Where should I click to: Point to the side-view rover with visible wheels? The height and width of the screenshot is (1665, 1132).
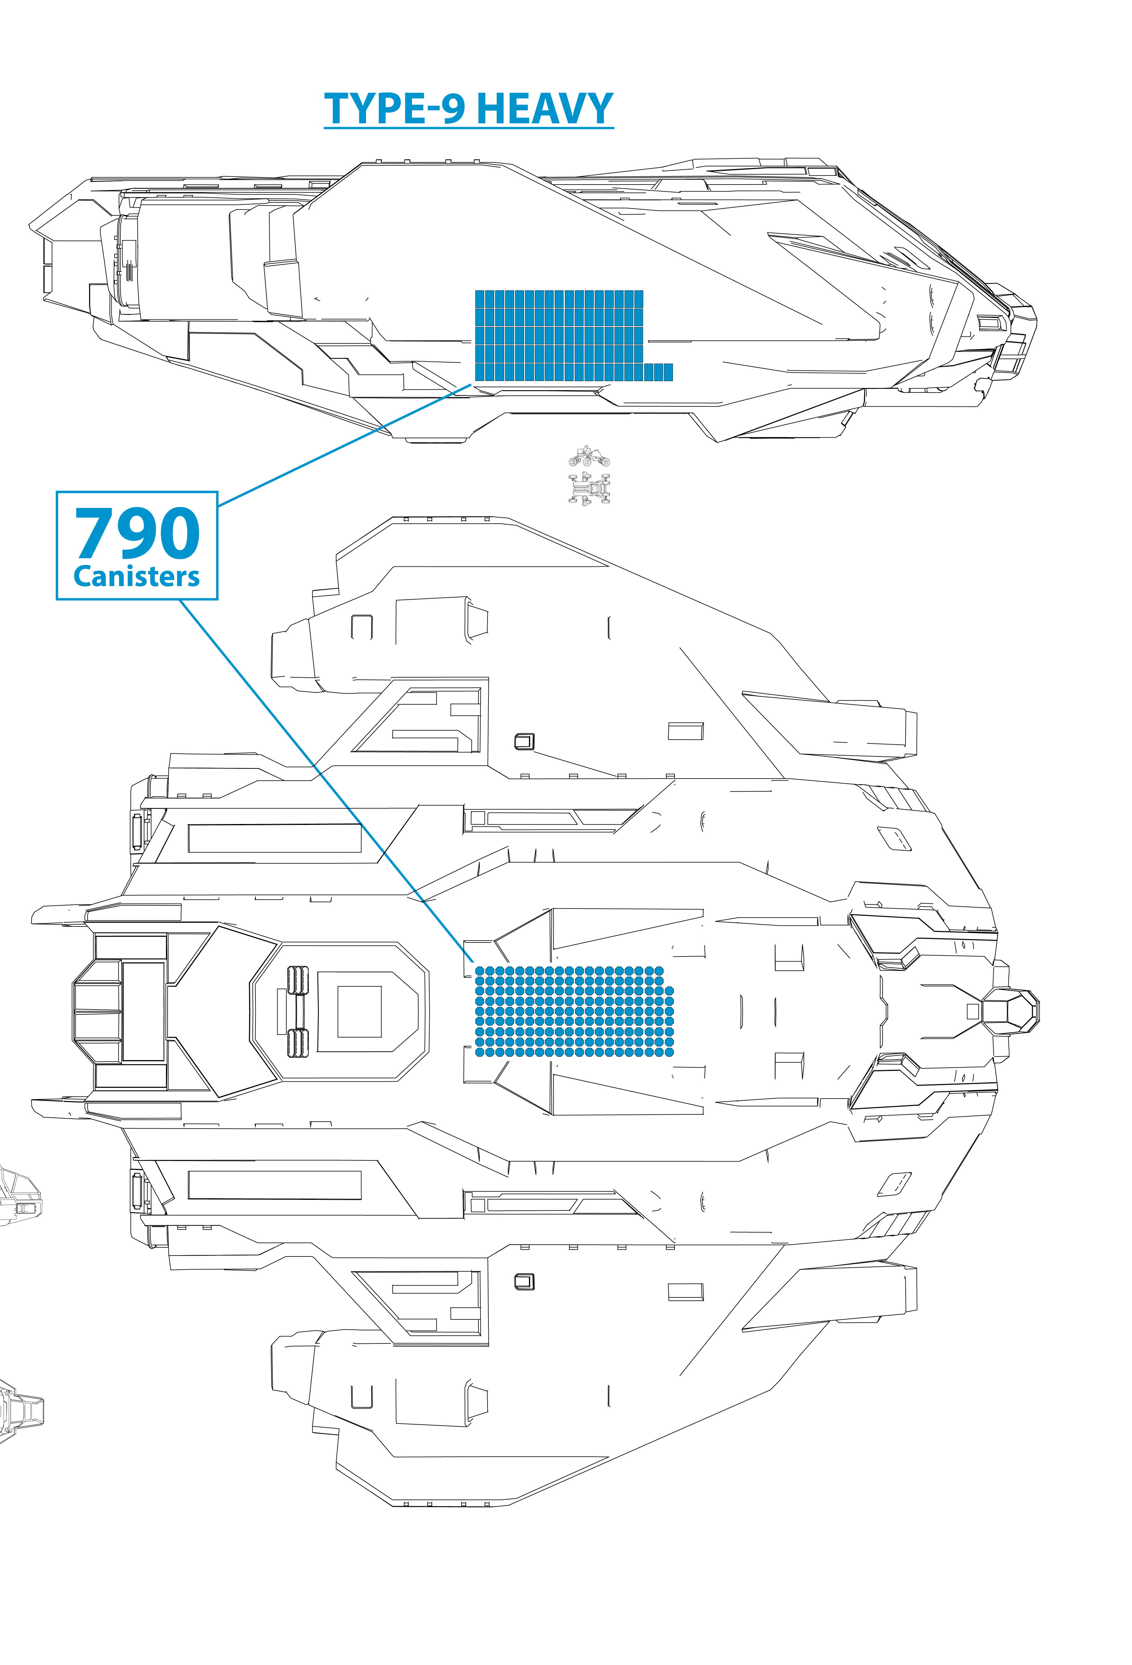pyautogui.click(x=589, y=456)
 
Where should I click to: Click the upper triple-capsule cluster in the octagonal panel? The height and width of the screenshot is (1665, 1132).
pyautogui.click(x=297, y=980)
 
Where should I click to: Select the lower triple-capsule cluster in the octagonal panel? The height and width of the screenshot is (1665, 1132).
pyautogui.click(x=297, y=1043)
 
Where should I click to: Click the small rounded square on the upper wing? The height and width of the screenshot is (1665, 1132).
pyautogui.click(x=524, y=741)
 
